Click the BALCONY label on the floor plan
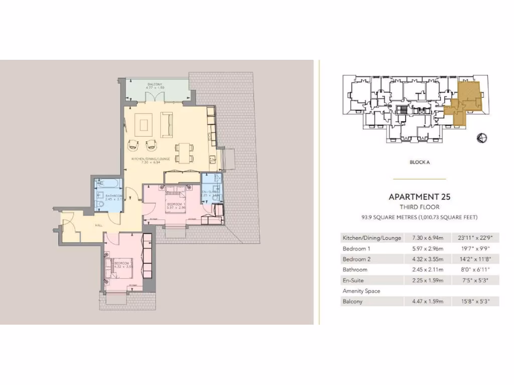[154, 84]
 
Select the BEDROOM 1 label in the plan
[176, 205]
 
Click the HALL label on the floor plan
[98, 225]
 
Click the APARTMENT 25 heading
[419, 197]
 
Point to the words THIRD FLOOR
[419, 207]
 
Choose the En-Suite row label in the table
[353, 281]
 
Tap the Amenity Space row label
[361, 291]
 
